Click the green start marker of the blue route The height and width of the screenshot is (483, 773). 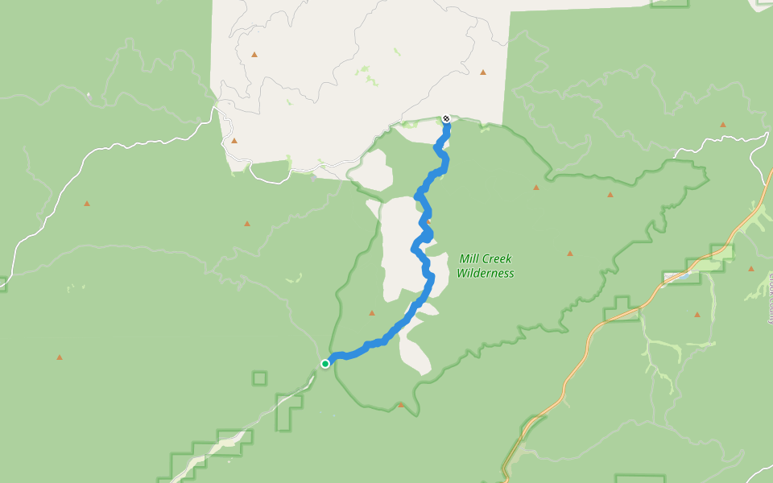[325, 363]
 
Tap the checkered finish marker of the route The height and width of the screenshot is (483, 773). [446, 119]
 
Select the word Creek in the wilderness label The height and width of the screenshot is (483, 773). [497, 259]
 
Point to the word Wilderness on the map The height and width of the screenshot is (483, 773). [485, 274]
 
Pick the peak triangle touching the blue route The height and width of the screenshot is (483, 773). [428, 222]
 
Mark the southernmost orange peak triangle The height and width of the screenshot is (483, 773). [401, 405]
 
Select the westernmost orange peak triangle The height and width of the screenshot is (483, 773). [59, 357]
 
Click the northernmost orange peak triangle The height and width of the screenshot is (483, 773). [254, 55]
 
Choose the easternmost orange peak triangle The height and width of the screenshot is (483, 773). [751, 269]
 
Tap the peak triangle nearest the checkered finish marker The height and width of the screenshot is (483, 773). [483, 72]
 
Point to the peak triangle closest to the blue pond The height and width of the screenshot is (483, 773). [697, 314]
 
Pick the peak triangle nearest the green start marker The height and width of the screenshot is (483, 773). [371, 313]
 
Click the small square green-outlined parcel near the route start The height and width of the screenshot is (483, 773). [259, 378]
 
